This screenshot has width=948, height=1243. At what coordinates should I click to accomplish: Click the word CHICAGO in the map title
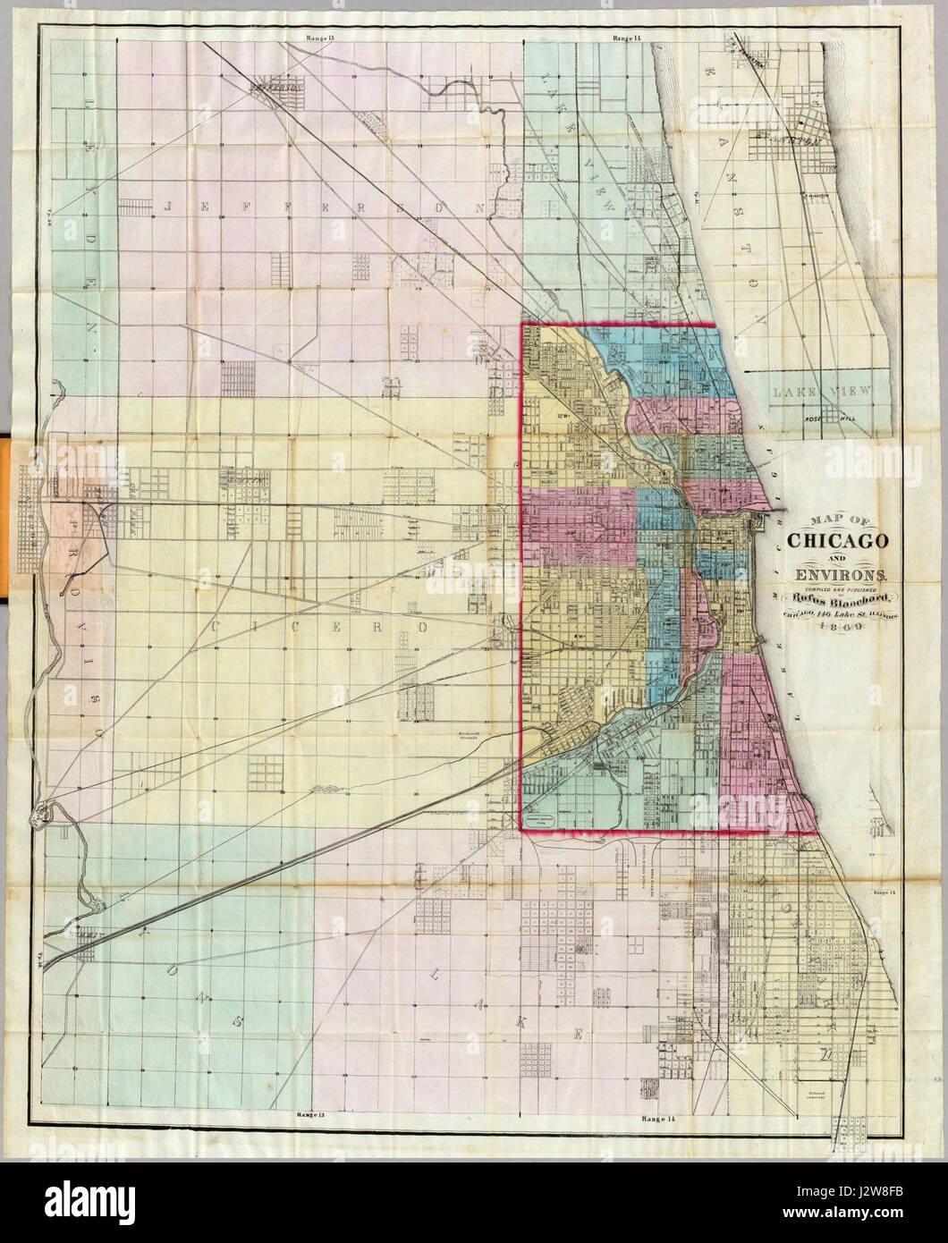click(x=836, y=542)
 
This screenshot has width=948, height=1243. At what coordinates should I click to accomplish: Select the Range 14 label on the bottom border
click(x=656, y=1118)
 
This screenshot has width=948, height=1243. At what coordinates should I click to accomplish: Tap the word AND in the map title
click(x=835, y=559)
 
